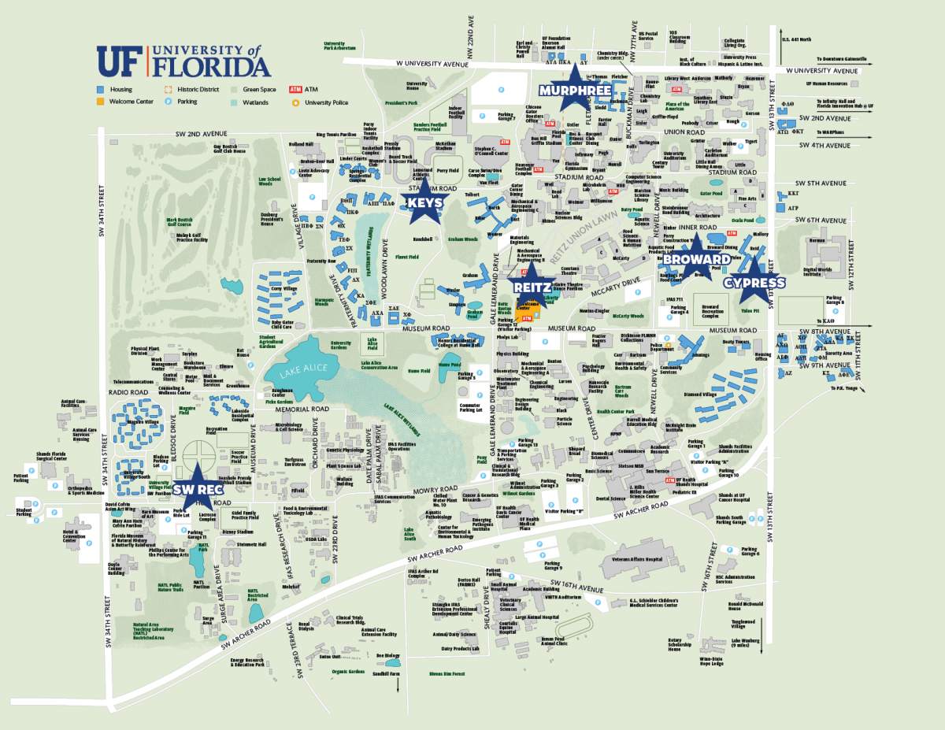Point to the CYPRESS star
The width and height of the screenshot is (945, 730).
point(754,283)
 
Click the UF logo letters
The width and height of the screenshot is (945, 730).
point(119,61)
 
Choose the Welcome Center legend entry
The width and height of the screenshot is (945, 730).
point(129,102)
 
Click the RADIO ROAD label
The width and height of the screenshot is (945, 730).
point(129,391)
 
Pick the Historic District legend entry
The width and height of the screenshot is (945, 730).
point(193,90)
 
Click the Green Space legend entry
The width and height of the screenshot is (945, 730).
point(254,90)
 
